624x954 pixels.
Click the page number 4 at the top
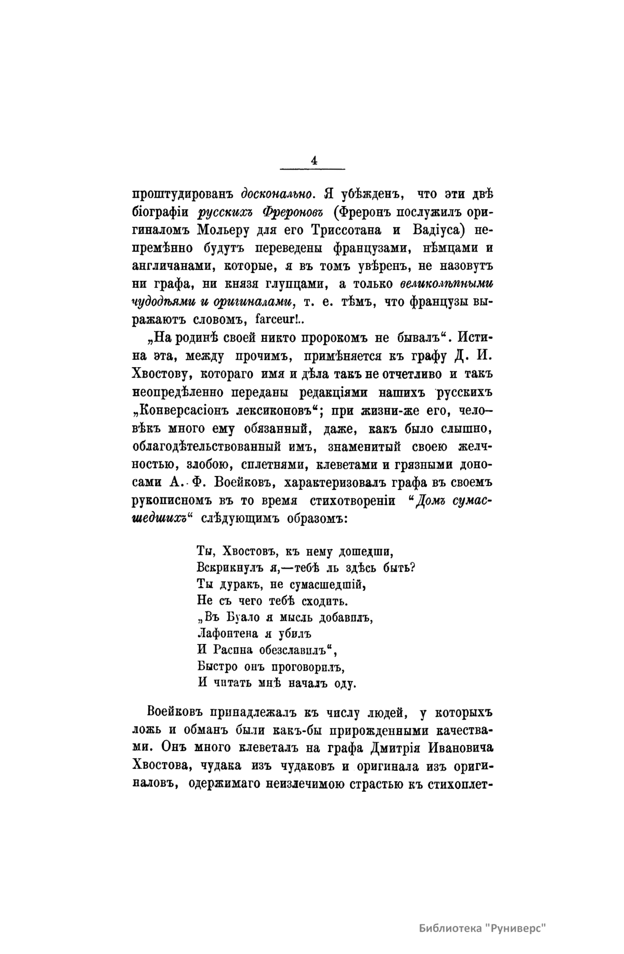313,160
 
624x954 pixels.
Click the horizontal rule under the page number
313,169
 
